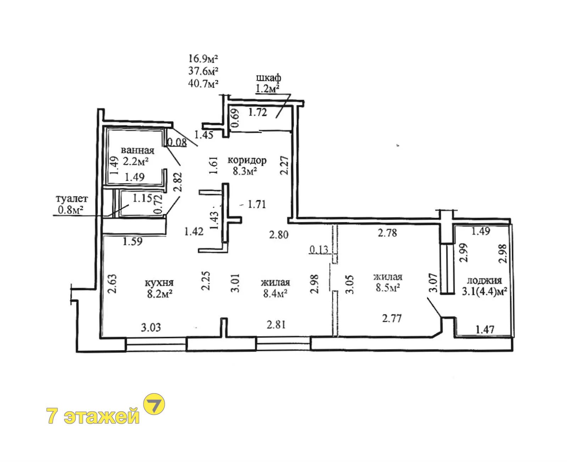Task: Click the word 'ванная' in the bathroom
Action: (137, 150)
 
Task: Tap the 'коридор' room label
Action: (247, 161)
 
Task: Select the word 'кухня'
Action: (159, 282)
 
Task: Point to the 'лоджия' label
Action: (484, 280)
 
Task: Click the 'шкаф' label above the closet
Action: (268, 78)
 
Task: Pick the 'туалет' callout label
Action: (72, 199)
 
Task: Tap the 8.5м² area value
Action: (388, 288)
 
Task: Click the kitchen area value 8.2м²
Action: (159, 294)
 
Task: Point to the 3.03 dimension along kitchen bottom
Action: (151, 328)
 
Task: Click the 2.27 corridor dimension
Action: (284, 165)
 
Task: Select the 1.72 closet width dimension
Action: (257, 112)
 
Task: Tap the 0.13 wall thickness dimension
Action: (319, 250)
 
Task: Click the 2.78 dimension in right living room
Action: (387, 233)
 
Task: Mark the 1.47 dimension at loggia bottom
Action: (485, 330)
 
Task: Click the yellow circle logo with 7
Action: (154, 403)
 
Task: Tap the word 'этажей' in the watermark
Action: (102, 416)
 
